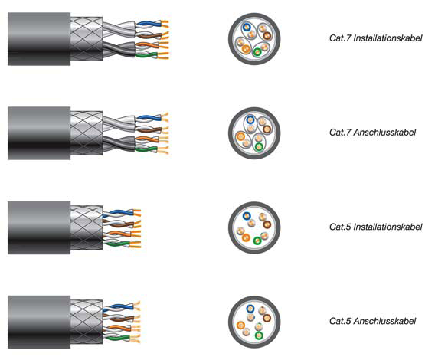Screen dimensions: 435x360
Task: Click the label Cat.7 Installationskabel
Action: coord(375,38)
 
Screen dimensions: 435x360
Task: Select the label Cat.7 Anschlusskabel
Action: coord(372,132)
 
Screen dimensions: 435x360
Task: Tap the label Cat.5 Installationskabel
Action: coord(375,227)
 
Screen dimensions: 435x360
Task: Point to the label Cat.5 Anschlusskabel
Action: coord(372,321)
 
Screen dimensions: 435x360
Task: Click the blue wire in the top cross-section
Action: coord(247,28)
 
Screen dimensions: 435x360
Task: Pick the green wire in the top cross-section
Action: coord(257,52)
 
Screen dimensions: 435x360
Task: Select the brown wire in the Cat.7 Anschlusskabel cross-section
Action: coord(267,129)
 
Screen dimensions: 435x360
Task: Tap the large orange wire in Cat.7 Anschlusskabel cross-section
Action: coord(240,136)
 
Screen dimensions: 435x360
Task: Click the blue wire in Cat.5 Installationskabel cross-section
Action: coord(247,216)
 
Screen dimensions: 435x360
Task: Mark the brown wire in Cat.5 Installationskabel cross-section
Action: coord(267,224)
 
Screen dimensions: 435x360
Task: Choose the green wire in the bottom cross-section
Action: coord(259,335)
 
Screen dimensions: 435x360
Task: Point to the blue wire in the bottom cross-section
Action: coord(250,309)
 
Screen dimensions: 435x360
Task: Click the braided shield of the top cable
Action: coord(87,39)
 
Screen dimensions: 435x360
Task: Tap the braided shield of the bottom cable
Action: coord(87,322)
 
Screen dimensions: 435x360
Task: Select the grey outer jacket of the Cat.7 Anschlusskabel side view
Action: coord(39,133)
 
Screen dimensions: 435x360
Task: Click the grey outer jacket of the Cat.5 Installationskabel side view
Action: coord(39,228)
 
